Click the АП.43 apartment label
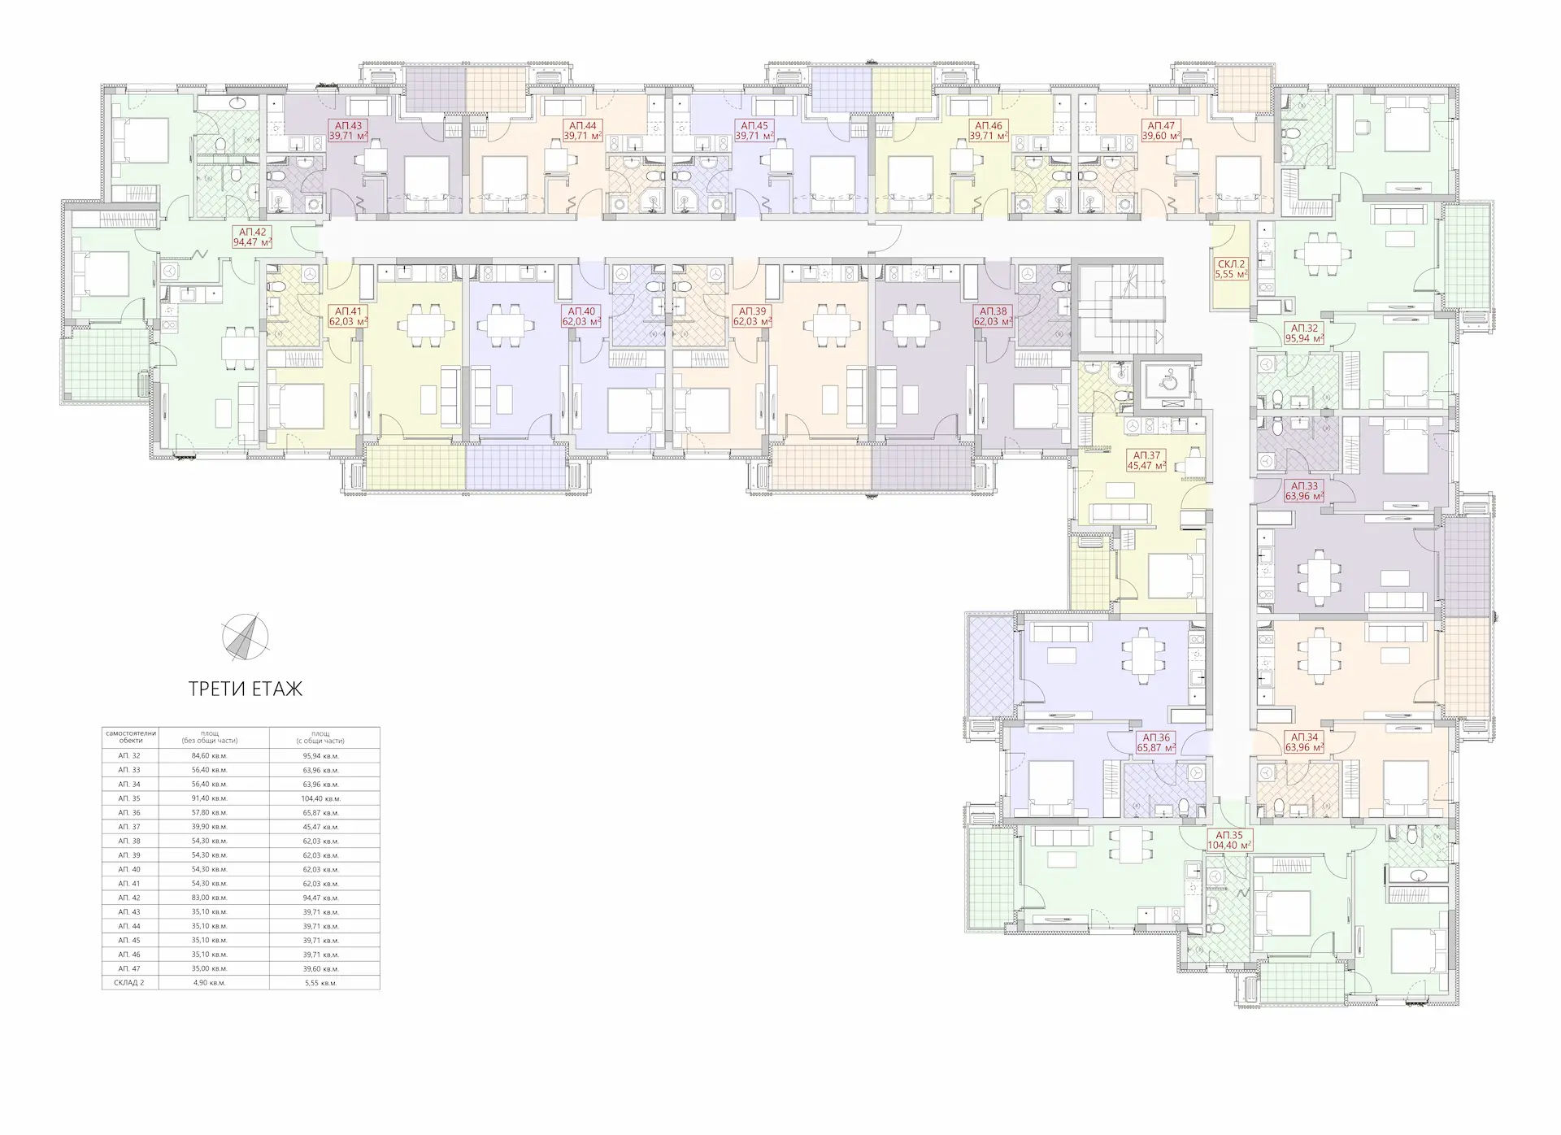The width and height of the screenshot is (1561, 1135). click(349, 131)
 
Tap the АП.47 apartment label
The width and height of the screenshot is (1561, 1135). click(1162, 131)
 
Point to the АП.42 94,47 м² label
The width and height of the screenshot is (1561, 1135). click(252, 237)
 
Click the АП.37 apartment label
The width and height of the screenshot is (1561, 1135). click(1146, 461)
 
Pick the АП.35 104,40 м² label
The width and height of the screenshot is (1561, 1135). click(1229, 840)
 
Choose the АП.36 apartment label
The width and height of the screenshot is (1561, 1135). click(1156, 742)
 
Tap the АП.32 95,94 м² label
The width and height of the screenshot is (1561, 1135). click(1303, 334)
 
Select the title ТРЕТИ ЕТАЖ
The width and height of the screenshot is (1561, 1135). click(246, 689)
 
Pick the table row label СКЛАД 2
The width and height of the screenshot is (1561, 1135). click(130, 983)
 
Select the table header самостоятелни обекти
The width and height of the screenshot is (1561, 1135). click(130, 737)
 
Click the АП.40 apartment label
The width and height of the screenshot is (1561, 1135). click(582, 316)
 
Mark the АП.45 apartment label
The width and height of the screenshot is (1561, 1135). click(755, 131)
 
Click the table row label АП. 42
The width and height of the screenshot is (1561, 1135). click(130, 898)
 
